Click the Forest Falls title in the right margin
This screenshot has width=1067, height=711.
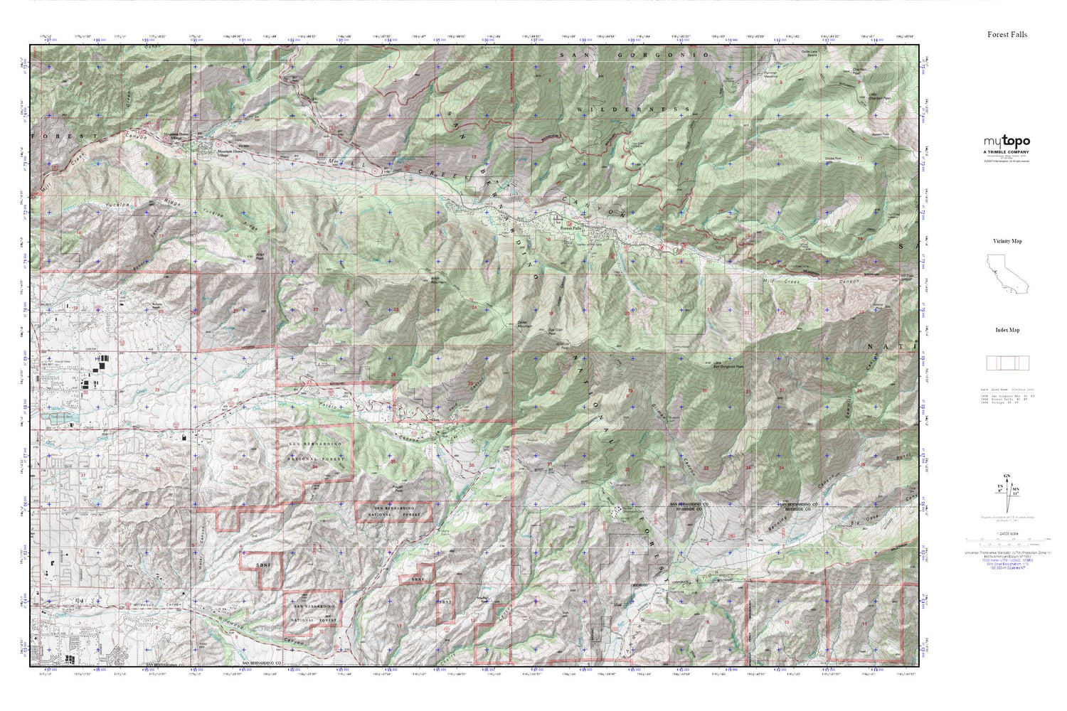pos(1007,34)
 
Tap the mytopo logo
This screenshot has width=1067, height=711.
pos(1007,141)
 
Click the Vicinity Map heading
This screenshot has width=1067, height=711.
pos(1007,241)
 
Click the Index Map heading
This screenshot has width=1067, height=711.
pos(1007,330)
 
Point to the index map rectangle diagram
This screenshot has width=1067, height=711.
pos(1007,363)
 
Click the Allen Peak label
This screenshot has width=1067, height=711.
pos(259,255)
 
